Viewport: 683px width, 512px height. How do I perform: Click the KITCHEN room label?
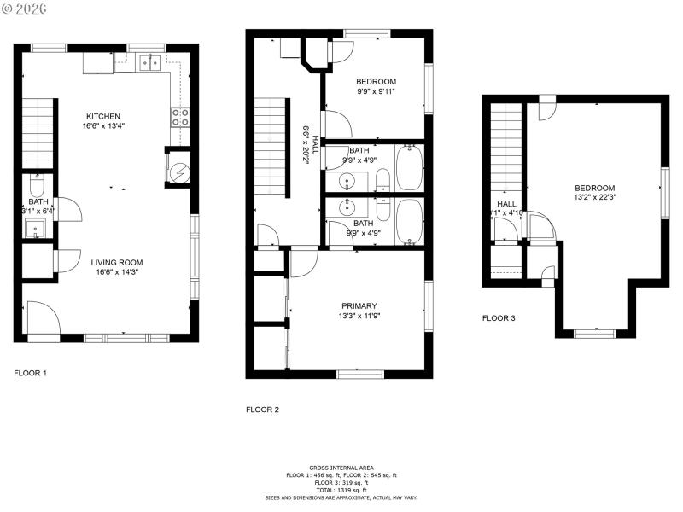102,116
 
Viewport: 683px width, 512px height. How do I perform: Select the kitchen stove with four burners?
180,117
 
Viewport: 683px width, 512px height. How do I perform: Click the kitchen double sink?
152,61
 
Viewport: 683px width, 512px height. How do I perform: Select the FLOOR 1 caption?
31,373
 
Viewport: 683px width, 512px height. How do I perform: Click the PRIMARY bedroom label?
359,305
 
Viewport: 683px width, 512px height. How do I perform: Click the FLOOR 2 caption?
262,410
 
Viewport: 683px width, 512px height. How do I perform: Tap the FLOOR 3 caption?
499,317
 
